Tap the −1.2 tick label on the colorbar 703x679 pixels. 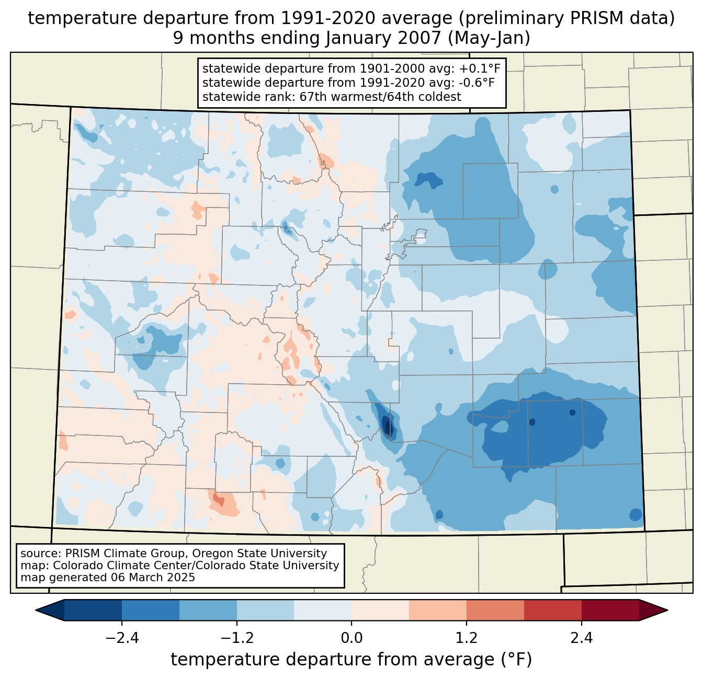point(236,638)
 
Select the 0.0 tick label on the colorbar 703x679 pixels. point(351,638)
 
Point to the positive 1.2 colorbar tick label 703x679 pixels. point(467,638)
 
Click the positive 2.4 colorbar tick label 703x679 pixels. point(582,638)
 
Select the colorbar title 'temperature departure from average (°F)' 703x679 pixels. point(351,660)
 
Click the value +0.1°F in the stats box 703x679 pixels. point(480,69)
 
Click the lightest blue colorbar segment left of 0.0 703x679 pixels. point(323,610)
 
